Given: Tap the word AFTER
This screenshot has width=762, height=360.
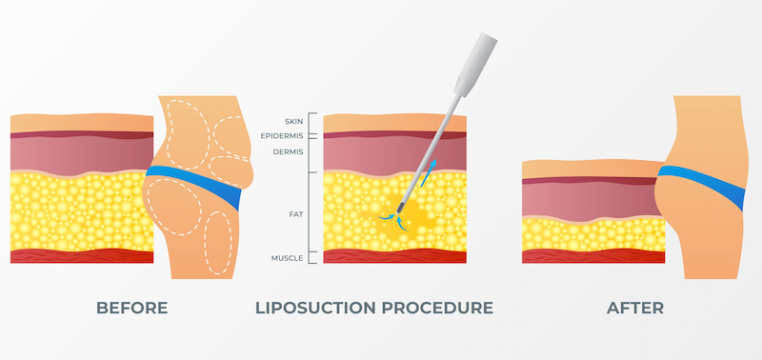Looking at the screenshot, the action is click(636, 308).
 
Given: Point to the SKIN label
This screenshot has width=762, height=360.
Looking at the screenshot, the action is click(293, 121).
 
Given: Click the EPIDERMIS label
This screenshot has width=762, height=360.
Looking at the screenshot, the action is click(283, 135).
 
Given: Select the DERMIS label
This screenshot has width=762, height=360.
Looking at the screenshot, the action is click(289, 150).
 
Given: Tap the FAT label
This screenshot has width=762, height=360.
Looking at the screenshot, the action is click(295, 215).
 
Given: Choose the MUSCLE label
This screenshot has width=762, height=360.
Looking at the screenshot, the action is click(288, 257).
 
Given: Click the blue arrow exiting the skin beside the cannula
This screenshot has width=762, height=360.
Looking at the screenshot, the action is click(431, 170).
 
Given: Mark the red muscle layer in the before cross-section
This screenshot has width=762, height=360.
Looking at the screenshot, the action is click(81, 256).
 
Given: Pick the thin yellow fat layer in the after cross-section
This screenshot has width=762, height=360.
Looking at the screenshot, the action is click(591, 231).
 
